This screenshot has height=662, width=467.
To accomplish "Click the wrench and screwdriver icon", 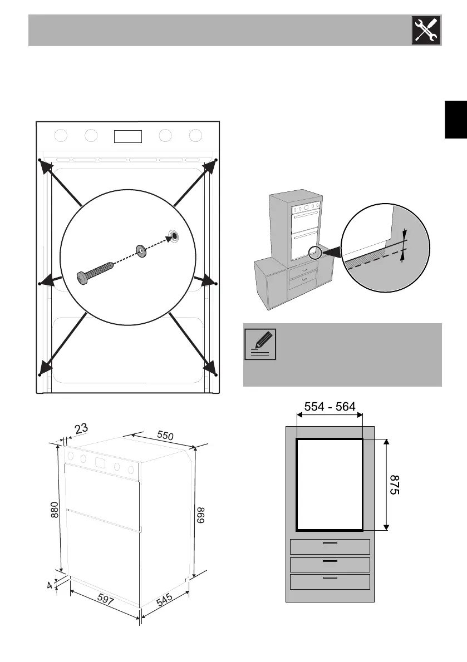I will point(426,30).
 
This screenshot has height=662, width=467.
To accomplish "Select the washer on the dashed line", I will point(141,251).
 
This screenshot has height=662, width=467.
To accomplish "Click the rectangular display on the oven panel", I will point(127,136).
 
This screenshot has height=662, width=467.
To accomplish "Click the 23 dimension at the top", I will point(81,429).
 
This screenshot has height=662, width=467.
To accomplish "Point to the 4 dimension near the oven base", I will point(50,585).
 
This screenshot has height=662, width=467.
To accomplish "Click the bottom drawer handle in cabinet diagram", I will point(330,579).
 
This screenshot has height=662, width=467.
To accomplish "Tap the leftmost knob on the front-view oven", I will point(62,135).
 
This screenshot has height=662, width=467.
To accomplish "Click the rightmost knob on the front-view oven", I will point(195,135).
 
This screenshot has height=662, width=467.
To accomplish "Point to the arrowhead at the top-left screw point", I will point(46,165).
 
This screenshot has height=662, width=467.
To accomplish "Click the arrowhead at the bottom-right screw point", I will point(210,368).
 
